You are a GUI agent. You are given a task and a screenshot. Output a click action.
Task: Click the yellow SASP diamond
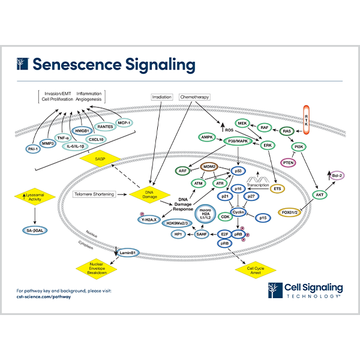pos(101,159)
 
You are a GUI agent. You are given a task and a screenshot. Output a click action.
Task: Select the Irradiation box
pos(163,96)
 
